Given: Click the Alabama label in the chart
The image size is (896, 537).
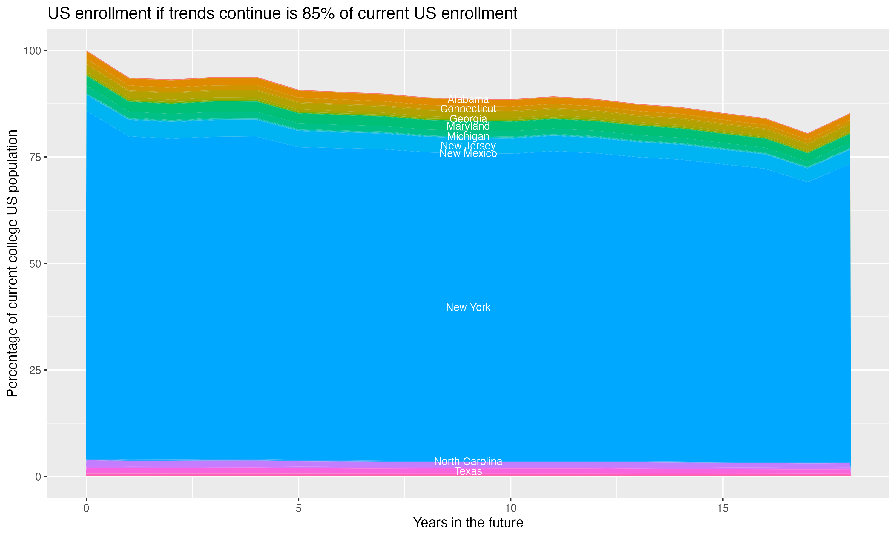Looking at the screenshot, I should click(468, 99).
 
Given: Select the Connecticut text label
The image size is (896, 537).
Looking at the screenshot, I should click(468, 109).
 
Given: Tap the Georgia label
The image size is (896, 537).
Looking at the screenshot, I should click(468, 119).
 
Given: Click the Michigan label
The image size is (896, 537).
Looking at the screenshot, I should click(468, 137).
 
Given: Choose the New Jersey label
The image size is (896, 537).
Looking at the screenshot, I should click(468, 146).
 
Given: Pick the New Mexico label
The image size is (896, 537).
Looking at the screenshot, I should click(468, 154).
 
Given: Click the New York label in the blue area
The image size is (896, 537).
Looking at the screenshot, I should click(468, 308).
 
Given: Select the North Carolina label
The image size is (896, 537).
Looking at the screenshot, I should click(468, 461).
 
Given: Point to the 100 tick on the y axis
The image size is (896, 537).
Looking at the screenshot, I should click(32, 51).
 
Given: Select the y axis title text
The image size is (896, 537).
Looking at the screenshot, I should click(12, 263).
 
